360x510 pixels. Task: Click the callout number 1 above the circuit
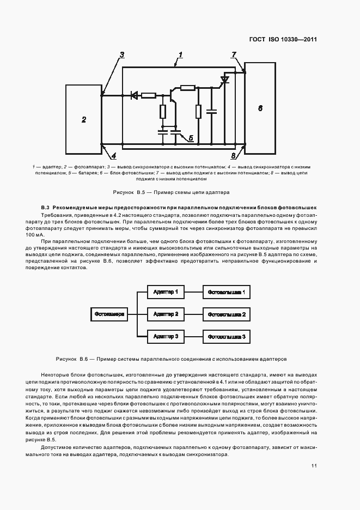tap(180, 54)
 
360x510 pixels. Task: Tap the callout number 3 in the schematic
tap(122, 54)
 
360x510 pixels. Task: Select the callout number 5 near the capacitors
tap(191, 138)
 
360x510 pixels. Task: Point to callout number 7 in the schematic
tap(234, 54)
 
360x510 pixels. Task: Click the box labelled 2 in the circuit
tap(83, 119)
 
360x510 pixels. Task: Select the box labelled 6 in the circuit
tap(260, 108)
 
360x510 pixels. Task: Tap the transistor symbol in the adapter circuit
tap(173, 95)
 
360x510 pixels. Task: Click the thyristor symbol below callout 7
tap(224, 81)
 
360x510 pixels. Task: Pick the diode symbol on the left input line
tap(133, 96)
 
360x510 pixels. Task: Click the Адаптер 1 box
tap(166, 292)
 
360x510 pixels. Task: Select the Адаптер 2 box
tap(166, 314)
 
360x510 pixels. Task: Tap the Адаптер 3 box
tap(166, 337)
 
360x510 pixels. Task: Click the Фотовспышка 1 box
tap(228, 292)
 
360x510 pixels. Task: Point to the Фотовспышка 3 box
tap(228, 337)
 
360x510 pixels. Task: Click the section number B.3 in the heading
tap(46, 208)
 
